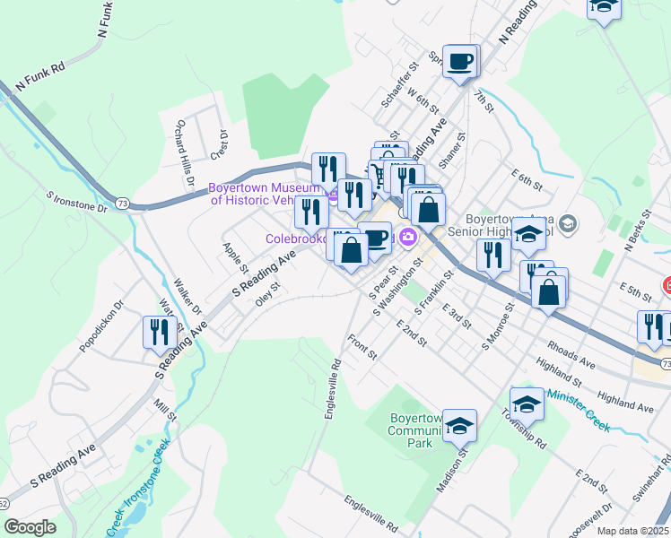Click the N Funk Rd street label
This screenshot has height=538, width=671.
(x=41, y=79)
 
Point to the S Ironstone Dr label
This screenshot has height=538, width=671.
(x=77, y=200)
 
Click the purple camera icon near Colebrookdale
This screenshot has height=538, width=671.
(x=409, y=238)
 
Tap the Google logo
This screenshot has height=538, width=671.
(x=30, y=526)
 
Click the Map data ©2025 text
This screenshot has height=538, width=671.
(x=633, y=531)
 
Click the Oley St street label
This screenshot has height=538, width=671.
(x=268, y=294)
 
